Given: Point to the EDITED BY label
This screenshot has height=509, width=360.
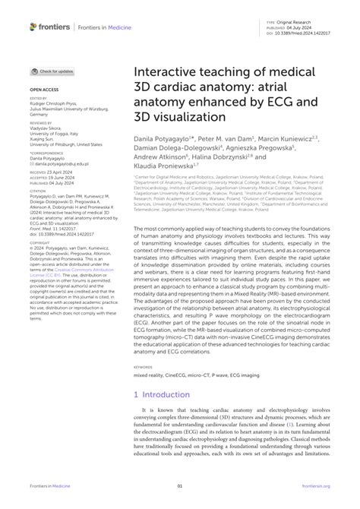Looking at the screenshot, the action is pyautogui.click(x=39, y=98).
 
